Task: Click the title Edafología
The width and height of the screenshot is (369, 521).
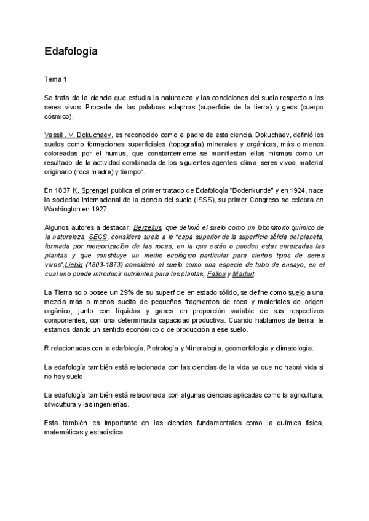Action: point(71,52)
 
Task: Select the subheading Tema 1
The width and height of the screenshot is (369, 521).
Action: point(57,80)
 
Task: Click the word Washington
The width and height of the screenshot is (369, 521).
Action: point(66,209)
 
